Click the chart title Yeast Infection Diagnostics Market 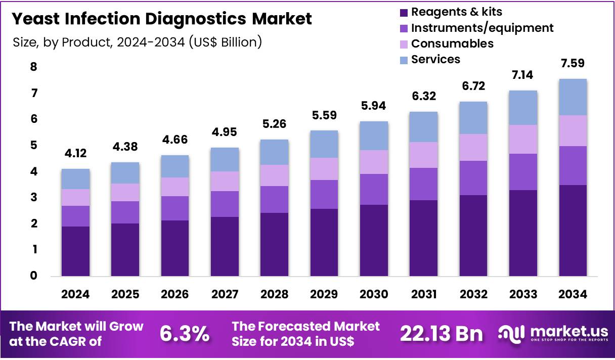click(x=162, y=19)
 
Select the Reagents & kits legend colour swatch click(x=403, y=12)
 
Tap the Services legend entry click(x=435, y=59)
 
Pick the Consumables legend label click(x=452, y=43)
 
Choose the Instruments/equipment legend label click(x=482, y=28)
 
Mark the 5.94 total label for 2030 click(x=374, y=106)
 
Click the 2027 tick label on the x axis click(x=225, y=294)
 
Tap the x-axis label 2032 click(x=473, y=294)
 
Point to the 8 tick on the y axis click(x=33, y=67)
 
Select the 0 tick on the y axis click(x=33, y=276)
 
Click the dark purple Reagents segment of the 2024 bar click(x=76, y=251)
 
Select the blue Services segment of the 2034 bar click(x=573, y=97)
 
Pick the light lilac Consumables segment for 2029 click(x=324, y=169)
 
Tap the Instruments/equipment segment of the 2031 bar click(x=423, y=184)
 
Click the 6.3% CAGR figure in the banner click(x=185, y=334)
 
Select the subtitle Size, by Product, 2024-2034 click(x=137, y=42)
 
